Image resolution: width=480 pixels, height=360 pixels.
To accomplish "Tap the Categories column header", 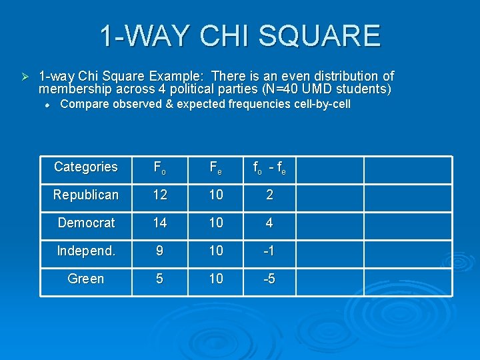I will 86,167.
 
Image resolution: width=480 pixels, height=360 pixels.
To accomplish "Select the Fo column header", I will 159,168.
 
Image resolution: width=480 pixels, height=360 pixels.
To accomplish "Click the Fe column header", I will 216,168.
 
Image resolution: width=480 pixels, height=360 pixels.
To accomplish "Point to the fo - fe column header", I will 269,168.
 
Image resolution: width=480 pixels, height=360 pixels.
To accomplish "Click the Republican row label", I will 86,195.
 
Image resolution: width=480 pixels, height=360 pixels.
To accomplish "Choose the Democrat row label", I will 86,223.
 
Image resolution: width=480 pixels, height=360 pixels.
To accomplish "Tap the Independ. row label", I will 86,251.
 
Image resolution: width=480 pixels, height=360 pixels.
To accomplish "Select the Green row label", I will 86,279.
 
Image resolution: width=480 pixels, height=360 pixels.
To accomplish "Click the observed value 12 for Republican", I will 159,195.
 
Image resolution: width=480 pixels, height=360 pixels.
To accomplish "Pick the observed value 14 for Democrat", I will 159,223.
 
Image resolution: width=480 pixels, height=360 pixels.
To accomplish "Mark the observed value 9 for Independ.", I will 159,251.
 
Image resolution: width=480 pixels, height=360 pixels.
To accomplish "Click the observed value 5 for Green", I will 159,279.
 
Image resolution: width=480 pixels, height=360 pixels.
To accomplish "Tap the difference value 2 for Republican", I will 269,195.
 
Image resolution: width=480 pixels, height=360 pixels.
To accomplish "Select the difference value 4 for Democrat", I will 269,223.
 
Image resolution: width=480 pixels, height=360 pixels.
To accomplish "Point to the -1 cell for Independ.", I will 269,251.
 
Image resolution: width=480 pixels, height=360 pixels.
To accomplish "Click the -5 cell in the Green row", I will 269,279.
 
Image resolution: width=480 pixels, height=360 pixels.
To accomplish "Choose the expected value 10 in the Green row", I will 216,279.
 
